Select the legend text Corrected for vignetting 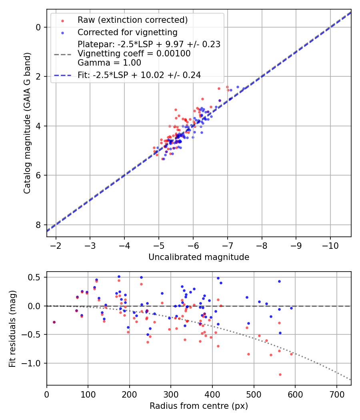click(x=127, y=32)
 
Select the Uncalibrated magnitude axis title click(x=199, y=257)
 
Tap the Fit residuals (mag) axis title click(x=12, y=328)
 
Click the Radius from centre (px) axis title click(x=199, y=406)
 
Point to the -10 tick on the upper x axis click(x=330, y=245)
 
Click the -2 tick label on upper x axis click(x=56, y=245)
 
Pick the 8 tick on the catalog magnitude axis click(x=39, y=225)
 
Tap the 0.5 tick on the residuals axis click(x=36, y=277)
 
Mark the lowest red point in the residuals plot click(x=280, y=374)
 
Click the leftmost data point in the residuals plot click(x=54, y=322)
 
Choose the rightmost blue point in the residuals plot click(x=291, y=308)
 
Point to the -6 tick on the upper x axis click(x=193, y=245)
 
